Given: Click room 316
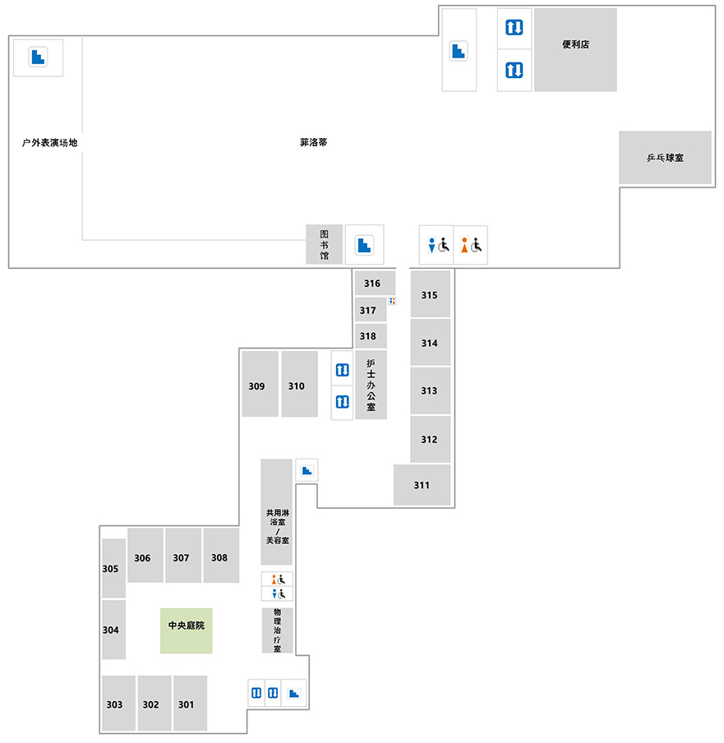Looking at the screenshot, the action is (x=375, y=284).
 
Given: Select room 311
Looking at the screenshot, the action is (x=422, y=485).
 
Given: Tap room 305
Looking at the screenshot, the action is (x=113, y=568).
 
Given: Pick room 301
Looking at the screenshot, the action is (x=190, y=704).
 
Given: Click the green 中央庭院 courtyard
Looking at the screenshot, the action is (x=187, y=630).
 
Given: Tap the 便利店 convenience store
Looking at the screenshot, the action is (x=576, y=50).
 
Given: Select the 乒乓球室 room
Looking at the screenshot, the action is (x=666, y=157).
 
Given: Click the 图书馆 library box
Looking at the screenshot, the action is (x=324, y=244).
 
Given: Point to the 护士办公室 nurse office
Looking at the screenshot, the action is (x=371, y=385).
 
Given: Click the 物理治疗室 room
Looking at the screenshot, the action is (x=277, y=630).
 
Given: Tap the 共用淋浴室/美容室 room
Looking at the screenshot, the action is (x=277, y=512).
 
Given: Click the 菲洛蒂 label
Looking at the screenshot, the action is (x=314, y=142).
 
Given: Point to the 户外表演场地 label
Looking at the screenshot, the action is (x=50, y=143).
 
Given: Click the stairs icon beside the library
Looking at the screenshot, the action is (x=364, y=245).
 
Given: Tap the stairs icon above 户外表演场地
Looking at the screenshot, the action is (x=38, y=57).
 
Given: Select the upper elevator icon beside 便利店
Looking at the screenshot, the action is (x=514, y=27).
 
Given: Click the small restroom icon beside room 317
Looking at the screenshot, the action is (x=392, y=301).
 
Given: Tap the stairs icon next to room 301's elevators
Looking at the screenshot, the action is (x=294, y=693).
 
